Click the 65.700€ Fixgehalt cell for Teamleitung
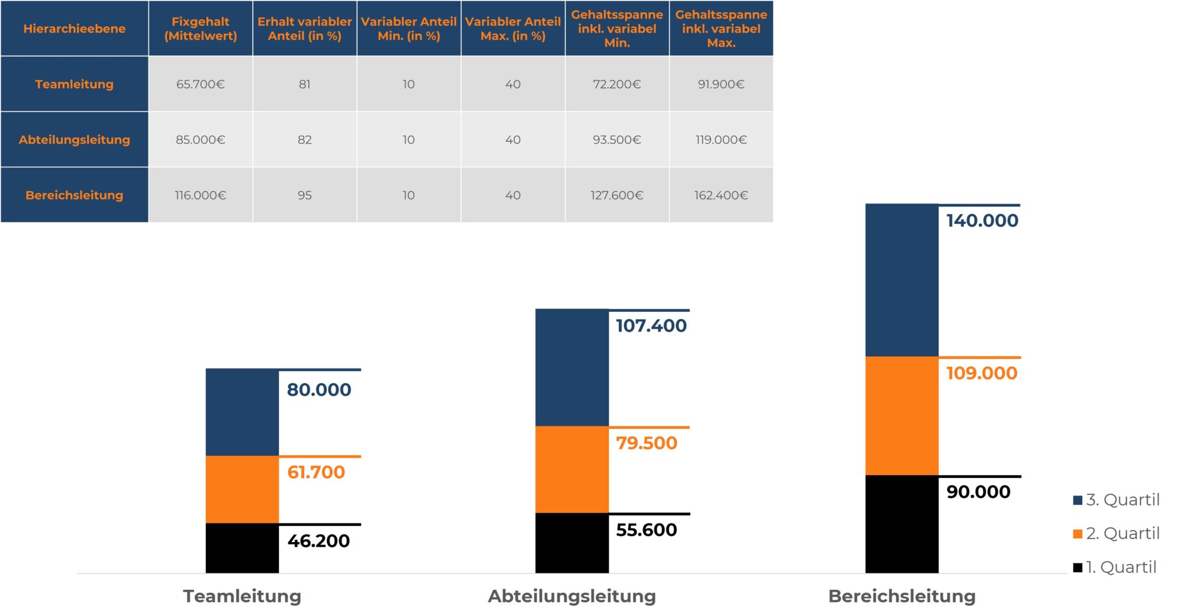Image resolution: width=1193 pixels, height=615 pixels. (200, 84)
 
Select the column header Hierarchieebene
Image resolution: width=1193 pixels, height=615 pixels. (74, 29)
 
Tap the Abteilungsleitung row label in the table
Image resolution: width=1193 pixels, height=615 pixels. (74, 139)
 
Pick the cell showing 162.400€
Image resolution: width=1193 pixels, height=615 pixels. (721, 195)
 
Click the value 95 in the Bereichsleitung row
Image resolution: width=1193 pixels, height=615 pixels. (305, 195)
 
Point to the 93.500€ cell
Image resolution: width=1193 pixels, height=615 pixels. (616, 139)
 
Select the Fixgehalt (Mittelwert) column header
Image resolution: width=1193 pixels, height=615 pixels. (200, 29)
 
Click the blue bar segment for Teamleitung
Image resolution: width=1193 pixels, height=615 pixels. (242, 412)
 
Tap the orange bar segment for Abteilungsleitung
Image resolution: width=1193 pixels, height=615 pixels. (571, 469)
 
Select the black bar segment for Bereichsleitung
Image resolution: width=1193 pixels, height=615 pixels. (901, 524)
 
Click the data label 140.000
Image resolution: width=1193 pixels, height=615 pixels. (982, 220)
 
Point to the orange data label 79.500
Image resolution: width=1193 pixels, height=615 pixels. (647, 443)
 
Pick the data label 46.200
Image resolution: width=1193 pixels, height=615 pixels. (318, 541)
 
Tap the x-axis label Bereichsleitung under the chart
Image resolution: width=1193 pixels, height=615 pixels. (901, 596)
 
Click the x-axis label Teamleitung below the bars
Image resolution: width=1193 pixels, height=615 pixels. (242, 596)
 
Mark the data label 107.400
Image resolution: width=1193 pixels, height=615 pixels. (651, 325)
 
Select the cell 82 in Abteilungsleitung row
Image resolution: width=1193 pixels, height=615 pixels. (305, 139)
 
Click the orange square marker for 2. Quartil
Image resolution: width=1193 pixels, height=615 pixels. (1078, 534)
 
